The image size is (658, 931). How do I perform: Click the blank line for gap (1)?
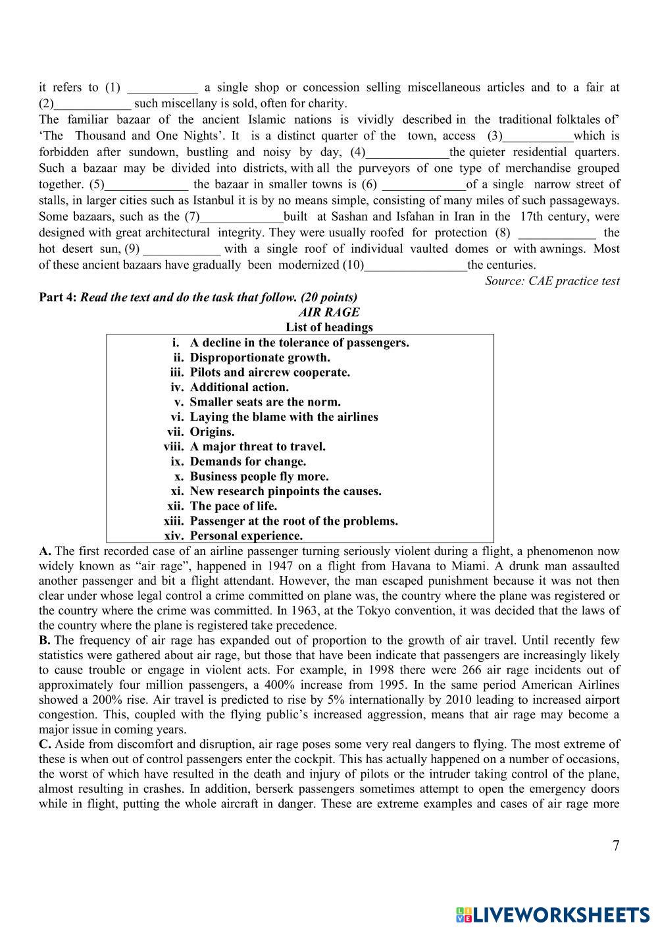pyautogui.click(x=162, y=88)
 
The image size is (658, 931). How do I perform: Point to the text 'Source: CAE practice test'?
pyautogui.click(x=552, y=281)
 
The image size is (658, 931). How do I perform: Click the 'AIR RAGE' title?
pyautogui.click(x=329, y=312)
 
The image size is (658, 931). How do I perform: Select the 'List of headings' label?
pyautogui.click(x=329, y=327)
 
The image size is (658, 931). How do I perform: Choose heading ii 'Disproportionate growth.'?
pyautogui.click(x=260, y=358)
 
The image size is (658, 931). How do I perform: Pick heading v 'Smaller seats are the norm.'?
pyautogui.click(x=265, y=402)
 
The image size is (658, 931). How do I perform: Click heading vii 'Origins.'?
pyautogui.click(x=212, y=432)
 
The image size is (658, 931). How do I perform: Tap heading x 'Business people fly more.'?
pyautogui.click(x=259, y=477)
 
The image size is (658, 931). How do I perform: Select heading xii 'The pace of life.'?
pyautogui.click(x=234, y=506)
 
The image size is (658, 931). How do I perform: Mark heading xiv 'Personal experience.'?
pyautogui.click(x=246, y=536)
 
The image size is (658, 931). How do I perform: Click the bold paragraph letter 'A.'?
pyautogui.click(x=45, y=551)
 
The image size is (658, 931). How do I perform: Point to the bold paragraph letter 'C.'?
pyautogui.click(x=45, y=745)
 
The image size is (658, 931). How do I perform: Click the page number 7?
pyautogui.click(x=616, y=846)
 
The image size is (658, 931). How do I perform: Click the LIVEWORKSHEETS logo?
pyautogui.click(x=552, y=914)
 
